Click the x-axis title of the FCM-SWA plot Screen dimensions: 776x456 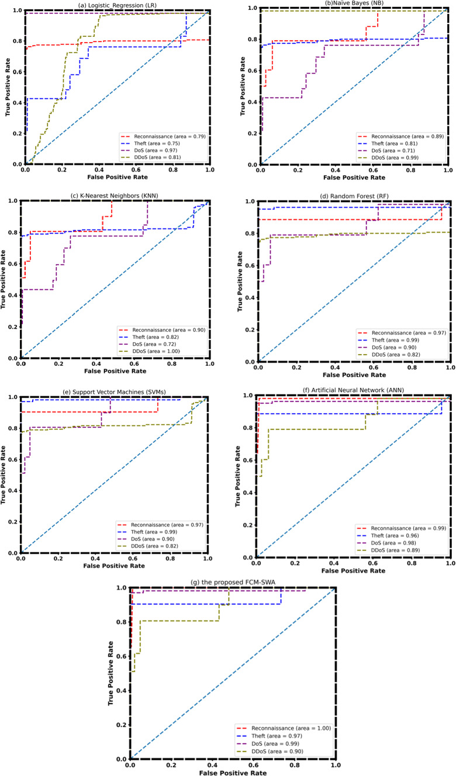click(233, 772)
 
